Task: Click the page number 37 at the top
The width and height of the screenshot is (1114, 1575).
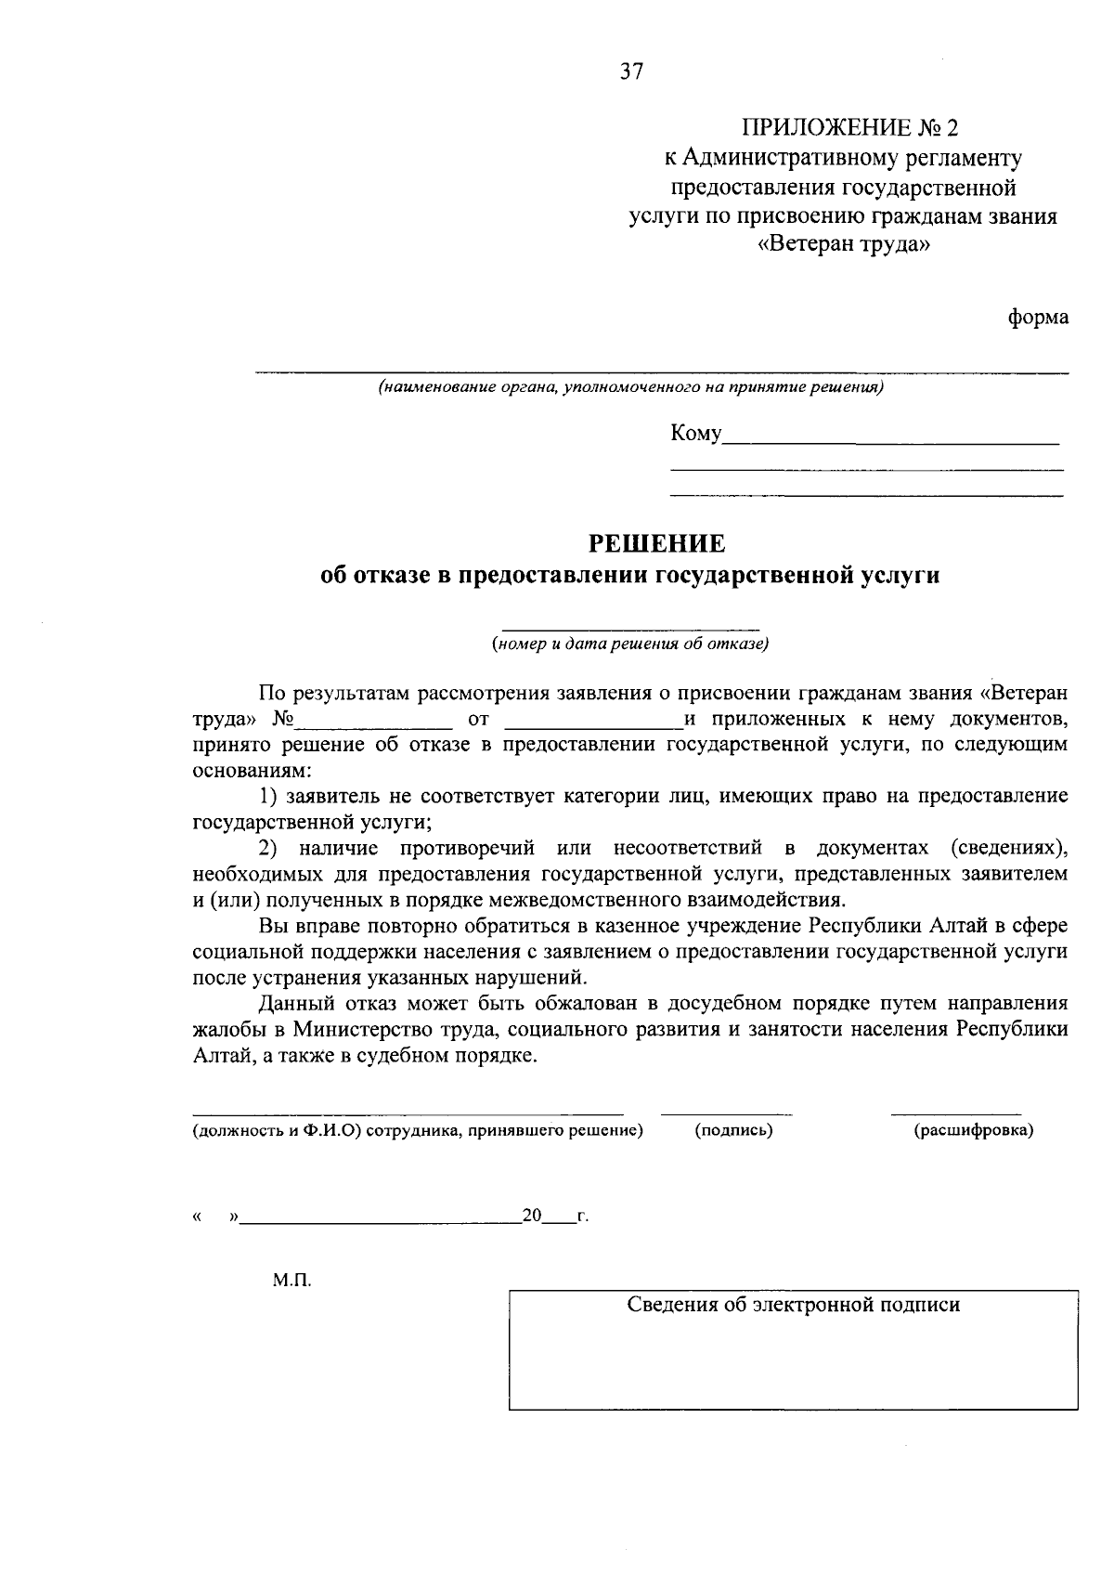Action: point(631,72)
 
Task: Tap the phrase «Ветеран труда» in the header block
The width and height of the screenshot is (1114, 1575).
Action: point(844,246)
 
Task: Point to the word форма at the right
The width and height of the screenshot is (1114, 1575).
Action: point(1039,318)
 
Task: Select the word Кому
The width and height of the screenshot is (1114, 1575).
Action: point(695,434)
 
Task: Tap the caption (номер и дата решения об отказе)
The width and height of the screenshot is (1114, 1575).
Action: point(630,644)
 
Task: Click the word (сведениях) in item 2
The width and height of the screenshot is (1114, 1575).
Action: point(1008,848)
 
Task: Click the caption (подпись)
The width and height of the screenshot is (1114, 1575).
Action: point(733,1130)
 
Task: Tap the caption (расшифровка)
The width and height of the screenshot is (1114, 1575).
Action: point(974,1130)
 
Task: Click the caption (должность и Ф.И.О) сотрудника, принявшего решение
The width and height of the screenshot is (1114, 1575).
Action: point(418,1130)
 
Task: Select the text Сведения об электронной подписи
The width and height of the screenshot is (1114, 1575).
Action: point(793,1305)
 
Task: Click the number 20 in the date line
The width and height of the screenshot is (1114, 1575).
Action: point(532,1215)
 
